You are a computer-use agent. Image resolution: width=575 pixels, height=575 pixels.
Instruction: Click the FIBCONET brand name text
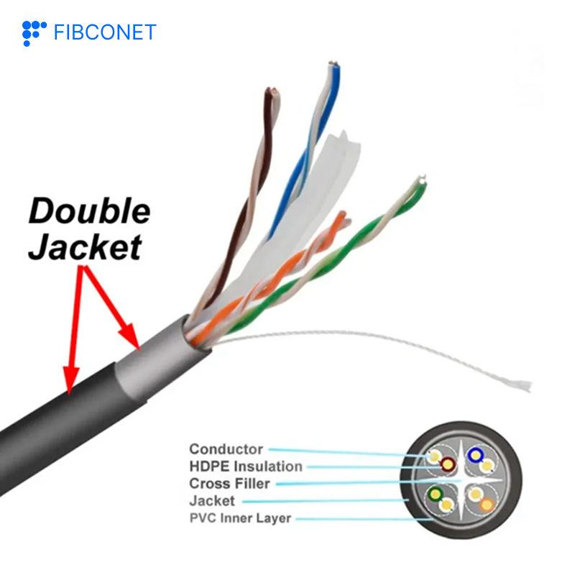(104, 32)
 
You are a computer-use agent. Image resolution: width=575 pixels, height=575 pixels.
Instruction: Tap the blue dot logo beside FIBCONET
(34, 32)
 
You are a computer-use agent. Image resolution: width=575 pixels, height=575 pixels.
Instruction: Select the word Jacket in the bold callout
(85, 247)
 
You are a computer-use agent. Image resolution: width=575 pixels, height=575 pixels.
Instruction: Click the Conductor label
(226, 449)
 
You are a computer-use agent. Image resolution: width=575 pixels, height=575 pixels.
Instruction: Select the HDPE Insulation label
(245, 466)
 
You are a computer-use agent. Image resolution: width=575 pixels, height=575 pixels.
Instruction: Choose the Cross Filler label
(229, 483)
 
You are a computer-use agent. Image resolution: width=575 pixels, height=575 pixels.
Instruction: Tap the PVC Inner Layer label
(240, 517)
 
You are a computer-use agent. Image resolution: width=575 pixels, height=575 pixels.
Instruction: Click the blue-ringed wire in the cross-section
(474, 454)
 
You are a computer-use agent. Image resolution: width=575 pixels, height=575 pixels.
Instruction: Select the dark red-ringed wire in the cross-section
(448, 466)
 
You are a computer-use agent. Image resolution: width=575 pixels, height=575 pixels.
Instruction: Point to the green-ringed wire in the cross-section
(434, 494)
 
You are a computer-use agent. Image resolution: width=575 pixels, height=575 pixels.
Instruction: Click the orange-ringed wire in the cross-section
(487, 503)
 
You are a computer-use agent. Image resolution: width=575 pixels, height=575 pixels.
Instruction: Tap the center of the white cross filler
(460, 480)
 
